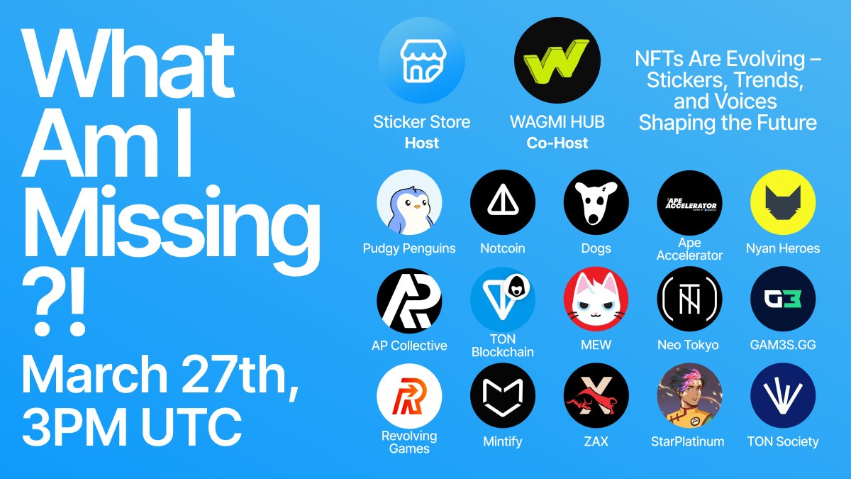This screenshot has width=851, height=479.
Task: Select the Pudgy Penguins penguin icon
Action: [409, 202]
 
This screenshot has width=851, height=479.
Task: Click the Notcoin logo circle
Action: [503, 202]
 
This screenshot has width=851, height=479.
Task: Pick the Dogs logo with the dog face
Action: [596, 202]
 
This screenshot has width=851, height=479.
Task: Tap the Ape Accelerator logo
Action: [689, 202]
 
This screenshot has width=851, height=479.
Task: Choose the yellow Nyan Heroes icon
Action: [783, 202]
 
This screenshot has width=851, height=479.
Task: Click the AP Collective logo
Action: [409, 299]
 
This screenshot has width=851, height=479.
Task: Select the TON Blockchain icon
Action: [503, 299]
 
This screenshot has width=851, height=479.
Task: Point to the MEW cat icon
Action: [596, 299]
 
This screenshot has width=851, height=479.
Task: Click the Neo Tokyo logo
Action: [689, 299]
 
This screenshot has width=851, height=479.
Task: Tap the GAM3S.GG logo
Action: [783, 299]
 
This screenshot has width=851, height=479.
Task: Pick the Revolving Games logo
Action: [409, 396]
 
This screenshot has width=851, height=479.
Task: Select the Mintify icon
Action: [503, 396]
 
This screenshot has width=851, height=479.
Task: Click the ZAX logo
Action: [596, 396]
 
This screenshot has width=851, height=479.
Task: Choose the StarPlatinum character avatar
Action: [689, 396]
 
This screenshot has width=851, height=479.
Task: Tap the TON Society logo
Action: [783, 396]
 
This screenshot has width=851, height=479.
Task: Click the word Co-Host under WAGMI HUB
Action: [557, 143]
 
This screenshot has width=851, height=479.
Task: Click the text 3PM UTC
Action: [131, 424]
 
